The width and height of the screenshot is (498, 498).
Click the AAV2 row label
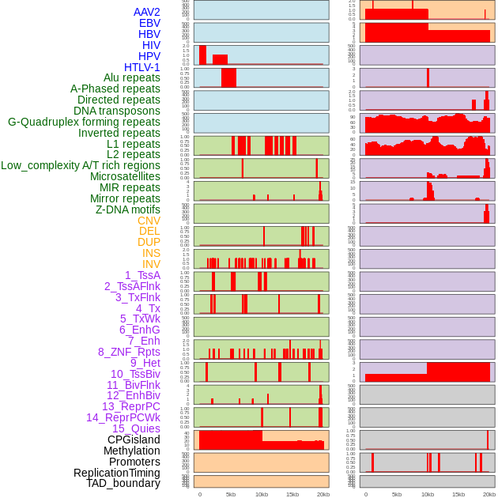tap(146, 12)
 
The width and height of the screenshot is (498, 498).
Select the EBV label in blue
tap(149, 23)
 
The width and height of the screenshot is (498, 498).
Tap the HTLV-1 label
tap(142, 67)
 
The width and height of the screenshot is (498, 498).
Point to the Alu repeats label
tap(132, 77)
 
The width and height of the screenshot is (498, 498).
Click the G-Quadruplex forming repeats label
tap(84, 122)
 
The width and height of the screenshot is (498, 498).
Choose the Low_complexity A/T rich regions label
tap(81, 165)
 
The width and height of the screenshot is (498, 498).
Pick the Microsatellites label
tap(125, 176)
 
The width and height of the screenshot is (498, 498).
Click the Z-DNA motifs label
tap(128, 209)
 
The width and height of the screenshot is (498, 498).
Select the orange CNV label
tap(149, 221)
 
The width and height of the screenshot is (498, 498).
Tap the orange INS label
tap(151, 253)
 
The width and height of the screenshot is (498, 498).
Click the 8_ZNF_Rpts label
tap(129, 352)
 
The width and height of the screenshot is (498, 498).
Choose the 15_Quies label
tap(136, 428)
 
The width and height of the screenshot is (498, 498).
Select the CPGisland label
tap(134, 440)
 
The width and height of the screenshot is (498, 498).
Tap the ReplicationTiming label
tap(117, 473)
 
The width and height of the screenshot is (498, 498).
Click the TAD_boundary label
tap(123, 483)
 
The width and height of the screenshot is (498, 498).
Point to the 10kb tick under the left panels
tap(261, 494)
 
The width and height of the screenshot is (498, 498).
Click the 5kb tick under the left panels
tap(231, 494)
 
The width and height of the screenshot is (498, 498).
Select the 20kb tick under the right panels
tap(489, 494)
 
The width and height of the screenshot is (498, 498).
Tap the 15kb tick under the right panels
tap(458, 494)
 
